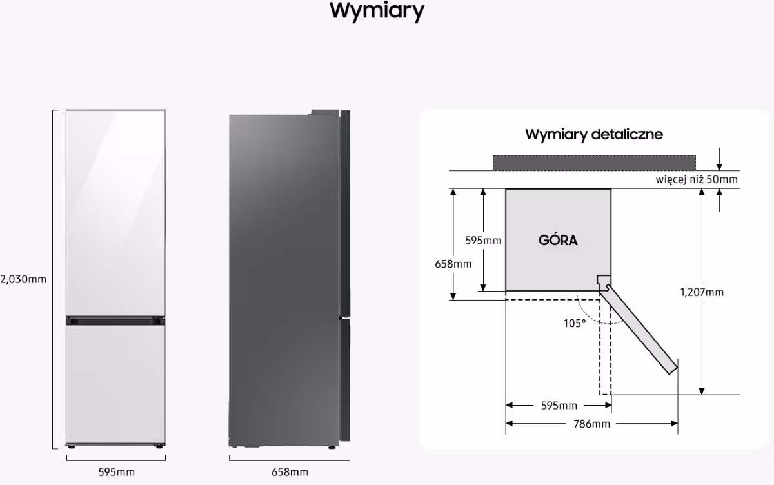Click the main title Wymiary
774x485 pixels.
pyautogui.click(x=377, y=12)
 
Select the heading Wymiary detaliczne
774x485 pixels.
pyautogui.click(x=594, y=134)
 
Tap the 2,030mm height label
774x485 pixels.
pyautogui.click(x=23, y=279)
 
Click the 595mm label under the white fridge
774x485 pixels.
pyautogui.click(x=117, y=472)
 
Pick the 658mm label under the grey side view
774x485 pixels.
pyautogui.click(x=290, y=472)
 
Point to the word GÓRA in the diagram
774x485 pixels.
pyautogui.click(x=558, y=240)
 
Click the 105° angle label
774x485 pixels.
pyautogui.click(x=575, y=323)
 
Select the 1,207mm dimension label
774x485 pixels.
pyautogui.click(x=702, y=292)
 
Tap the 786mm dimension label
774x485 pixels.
pyautogui.click(x=591, y=424)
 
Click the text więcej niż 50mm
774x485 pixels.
pyautogui.click(x=697, y=179)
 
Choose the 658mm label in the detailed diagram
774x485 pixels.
pyautogui.click(x=453, y=264)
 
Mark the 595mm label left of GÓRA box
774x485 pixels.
pyautogui.click(x=483, y=241)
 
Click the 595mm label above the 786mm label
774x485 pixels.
pyautogui.click(x=559, y=406)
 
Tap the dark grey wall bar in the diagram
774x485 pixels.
pyautogui.click(x=594, y=163)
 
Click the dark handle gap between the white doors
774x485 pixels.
pyautogui.click(x=115, y=321)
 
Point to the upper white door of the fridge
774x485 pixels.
pyautogui.click(x=115, y=212)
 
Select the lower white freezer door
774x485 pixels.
pyautogui.click(x=115, y=384)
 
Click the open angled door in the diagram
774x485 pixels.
pyautogui.click(x=639, y=331)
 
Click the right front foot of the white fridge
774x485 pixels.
pyautogui.click(x=159, y=446)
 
